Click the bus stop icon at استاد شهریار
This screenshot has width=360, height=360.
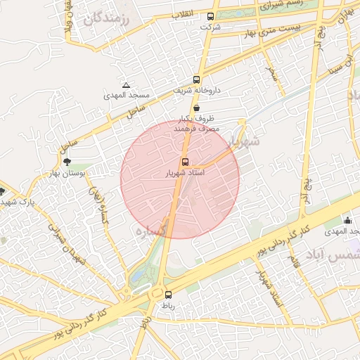185,162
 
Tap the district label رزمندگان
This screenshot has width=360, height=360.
107,20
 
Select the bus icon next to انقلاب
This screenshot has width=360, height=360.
211,16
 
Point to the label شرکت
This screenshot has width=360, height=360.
210,27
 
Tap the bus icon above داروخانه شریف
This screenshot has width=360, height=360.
196,80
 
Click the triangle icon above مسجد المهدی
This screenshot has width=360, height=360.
126,85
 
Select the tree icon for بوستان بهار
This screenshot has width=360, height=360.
67,162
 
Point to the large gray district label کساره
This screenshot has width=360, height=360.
153,230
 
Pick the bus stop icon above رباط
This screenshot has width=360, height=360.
168,295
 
